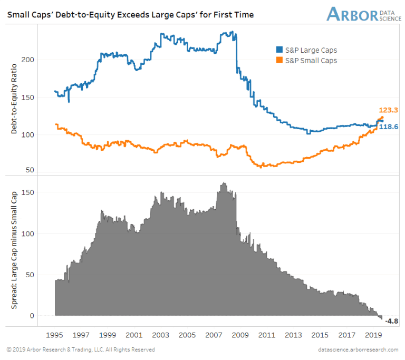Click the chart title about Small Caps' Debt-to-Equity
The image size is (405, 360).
point(130,15)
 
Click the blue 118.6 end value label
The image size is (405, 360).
point(389,127)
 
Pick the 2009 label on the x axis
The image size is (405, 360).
point(241,335)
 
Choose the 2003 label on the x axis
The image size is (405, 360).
point(161,335)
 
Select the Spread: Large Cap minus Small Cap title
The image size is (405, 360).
point(15,251)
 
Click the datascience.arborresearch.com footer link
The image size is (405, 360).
point(359,349)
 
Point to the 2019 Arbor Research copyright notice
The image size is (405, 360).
point(81,349)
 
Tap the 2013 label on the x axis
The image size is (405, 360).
point(294,335)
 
